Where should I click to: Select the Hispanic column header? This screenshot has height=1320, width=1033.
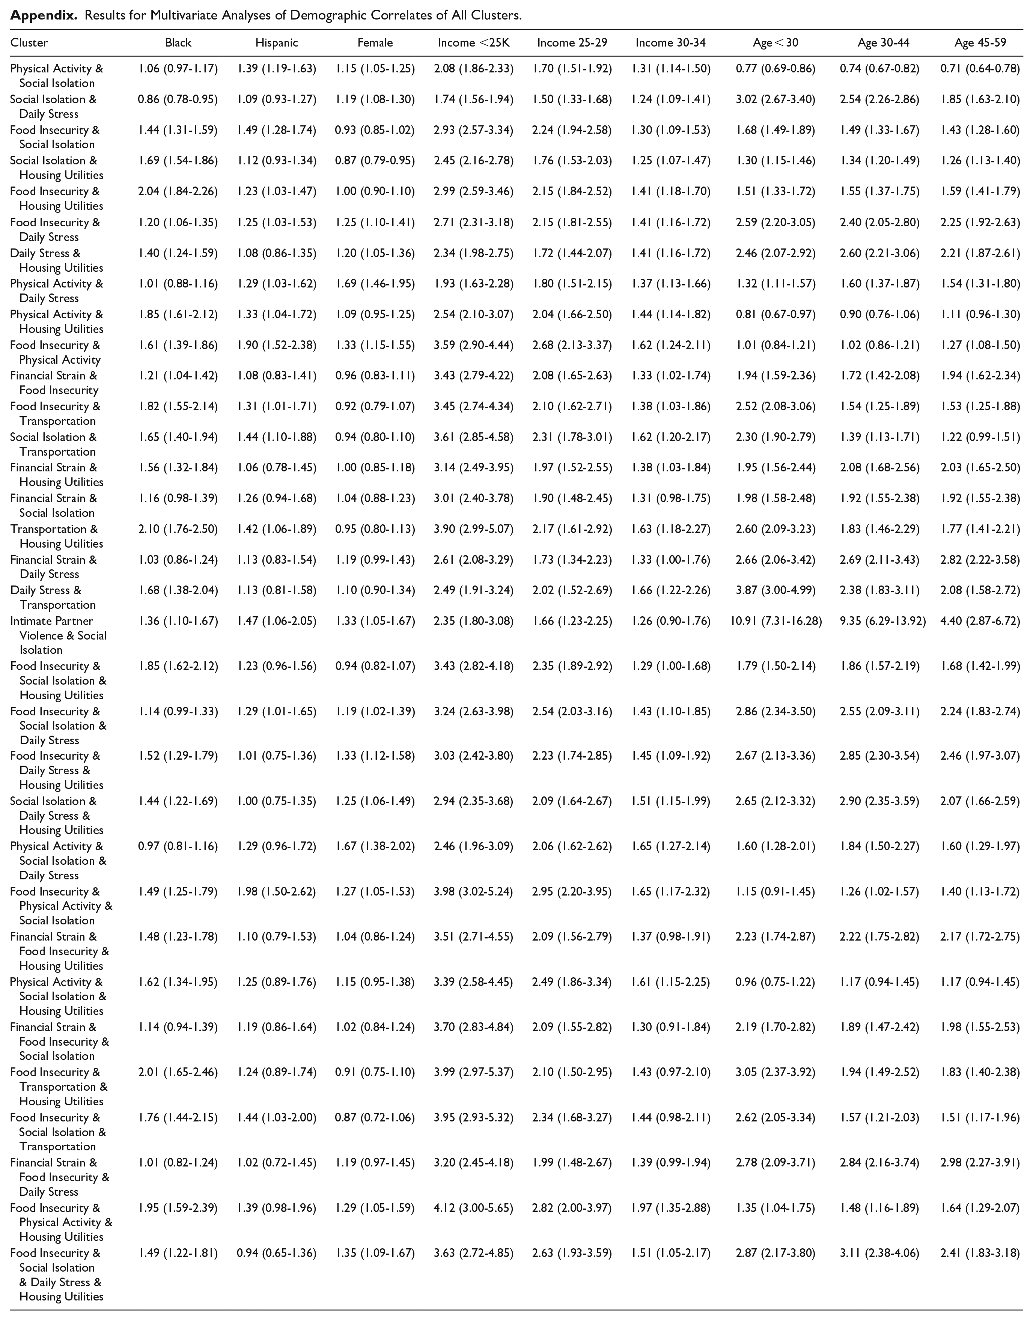pos(276,43)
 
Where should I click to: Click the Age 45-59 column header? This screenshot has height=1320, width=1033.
pos(980,43)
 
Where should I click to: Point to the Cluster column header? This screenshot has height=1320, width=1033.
pos(29,43)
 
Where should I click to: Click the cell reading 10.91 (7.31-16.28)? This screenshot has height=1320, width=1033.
pos(776,621)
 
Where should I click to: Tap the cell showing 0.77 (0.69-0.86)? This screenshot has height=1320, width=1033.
pos(776,69)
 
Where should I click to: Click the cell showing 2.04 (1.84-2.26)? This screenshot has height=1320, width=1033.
pos(178,192)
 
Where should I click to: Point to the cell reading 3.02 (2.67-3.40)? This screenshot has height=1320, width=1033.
pos(776,100)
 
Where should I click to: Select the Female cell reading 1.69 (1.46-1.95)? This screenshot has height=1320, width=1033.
pos(375,284)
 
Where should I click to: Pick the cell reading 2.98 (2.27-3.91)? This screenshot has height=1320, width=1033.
pos(980,1163)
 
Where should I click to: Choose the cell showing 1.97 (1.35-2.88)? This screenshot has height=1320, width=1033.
pos(671,1208)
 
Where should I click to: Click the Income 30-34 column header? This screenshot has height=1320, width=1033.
pos(671,43)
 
